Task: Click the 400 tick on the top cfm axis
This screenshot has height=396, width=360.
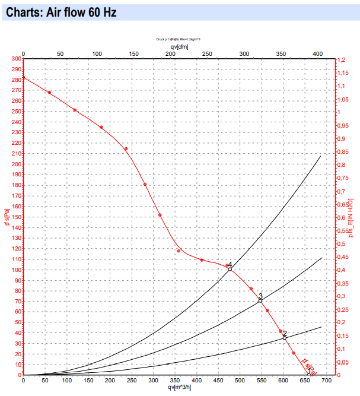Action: pos(317,54)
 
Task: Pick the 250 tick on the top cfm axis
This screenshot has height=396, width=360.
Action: pos(207,54)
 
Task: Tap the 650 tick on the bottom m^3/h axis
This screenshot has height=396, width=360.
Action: pos(306,381)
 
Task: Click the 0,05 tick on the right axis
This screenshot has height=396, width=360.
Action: pos(343,362)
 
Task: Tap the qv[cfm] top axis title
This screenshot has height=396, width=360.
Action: pos(180,46)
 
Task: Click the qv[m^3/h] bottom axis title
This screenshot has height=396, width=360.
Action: pos(179,388)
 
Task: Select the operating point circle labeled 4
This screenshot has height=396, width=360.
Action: pos(230,270)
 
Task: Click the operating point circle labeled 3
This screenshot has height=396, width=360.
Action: pos(260,301)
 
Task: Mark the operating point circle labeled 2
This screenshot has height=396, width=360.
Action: pos(285,338)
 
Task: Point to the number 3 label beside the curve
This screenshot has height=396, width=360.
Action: pos(260,296)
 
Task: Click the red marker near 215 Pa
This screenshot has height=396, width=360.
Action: pos(126,149)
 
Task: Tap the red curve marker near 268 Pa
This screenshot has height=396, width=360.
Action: pos(49,93)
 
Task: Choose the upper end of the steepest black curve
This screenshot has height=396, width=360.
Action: pos(320,156)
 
